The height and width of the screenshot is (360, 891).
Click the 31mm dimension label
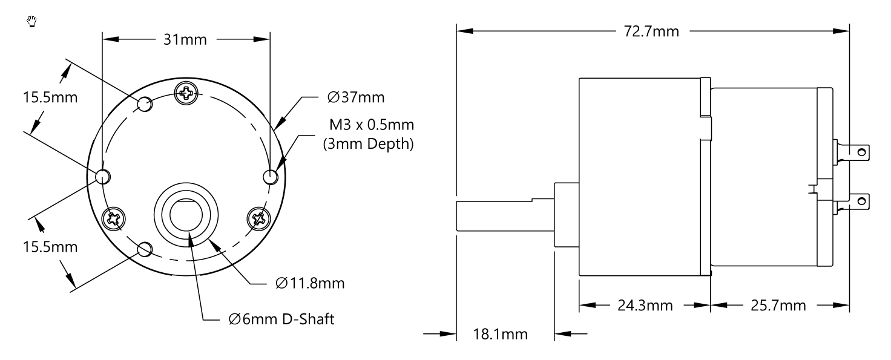pos(186,40)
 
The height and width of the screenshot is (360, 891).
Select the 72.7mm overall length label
pos(652,31)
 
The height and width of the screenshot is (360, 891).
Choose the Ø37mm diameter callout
pos(356,97)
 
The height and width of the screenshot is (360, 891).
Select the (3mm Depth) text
pos(370,145)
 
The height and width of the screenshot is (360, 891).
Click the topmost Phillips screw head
pos(186,93)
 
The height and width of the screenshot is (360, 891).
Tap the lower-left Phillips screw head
pos(113,218)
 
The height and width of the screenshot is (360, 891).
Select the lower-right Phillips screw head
pos(258,218)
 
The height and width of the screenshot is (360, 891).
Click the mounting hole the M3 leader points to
pos(271,177)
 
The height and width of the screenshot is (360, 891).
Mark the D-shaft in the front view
pos(186,214)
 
